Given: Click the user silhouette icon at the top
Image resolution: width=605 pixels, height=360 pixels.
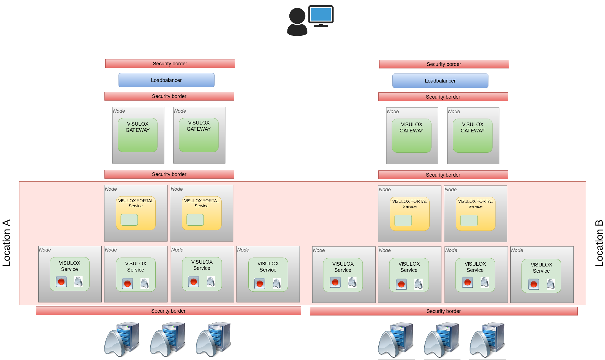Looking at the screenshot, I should (x=297, y=22).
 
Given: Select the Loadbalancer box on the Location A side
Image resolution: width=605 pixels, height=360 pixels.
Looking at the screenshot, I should (x=166, y=80).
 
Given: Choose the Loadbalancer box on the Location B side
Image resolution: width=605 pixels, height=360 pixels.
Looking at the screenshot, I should (x=440, y=81).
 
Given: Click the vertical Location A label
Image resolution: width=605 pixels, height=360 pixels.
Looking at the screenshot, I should (x=6, y=243).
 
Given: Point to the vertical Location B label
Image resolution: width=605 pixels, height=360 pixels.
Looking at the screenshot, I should (x=599, y=243).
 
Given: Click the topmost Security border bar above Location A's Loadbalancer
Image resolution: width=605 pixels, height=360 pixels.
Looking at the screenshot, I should (x=170, y=64).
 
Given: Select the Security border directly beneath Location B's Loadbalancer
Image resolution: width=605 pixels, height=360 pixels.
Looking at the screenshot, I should (x=443, y=97).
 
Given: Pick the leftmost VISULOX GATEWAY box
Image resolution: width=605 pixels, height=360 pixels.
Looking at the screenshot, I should (x=138, y=135).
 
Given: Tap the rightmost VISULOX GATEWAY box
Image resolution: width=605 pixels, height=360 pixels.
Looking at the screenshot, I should (x=472, y=135).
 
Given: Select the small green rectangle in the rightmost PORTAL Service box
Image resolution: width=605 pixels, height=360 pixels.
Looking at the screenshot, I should (x=469, y=220).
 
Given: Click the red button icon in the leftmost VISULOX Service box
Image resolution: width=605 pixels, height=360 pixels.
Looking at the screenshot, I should (x=61, y=282).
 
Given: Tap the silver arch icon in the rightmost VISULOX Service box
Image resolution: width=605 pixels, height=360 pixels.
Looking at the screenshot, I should (x=551, y=284).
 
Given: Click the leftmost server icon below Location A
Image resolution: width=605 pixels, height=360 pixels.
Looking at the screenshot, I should (x=122, y=339).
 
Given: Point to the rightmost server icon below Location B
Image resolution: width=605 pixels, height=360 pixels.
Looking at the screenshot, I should (x=487, y=340).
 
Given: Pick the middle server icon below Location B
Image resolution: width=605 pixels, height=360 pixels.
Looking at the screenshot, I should (x=441, y=340).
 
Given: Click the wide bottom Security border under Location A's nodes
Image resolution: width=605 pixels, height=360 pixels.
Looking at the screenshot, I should (x=168, y=311).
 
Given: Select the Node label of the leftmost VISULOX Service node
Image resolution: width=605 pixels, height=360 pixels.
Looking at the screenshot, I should (x=45, y=250).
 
